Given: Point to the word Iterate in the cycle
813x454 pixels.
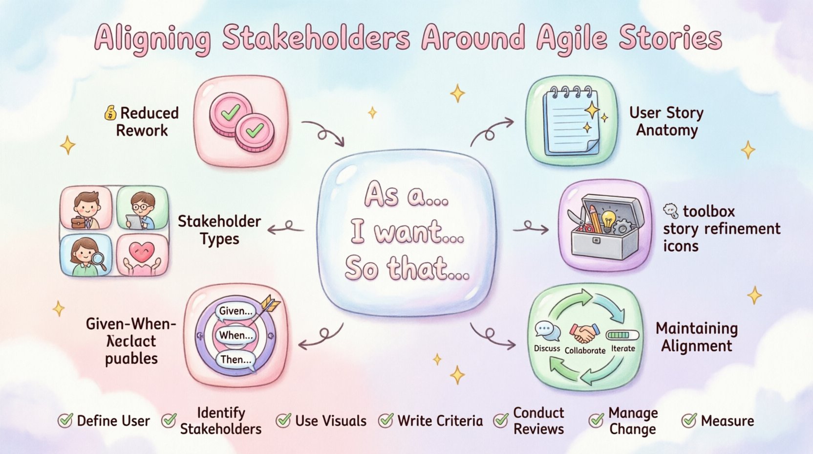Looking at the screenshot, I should click(x=623, y=348).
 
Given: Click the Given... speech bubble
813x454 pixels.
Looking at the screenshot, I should click(x=236, y=311).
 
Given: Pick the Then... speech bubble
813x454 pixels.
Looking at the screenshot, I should click(x=236, y=360).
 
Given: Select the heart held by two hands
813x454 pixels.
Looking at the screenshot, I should click(x=142, y=255).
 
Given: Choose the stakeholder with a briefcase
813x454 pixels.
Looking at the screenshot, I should click(x=86, y=209).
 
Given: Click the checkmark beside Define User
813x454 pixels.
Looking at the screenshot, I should click(x=65, y=421).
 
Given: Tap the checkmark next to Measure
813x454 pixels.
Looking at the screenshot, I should click(x=689, y=421).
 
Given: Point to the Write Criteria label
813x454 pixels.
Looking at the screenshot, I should click(x=440, y=421).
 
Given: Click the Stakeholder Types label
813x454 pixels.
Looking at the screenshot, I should click(x=219, y=230).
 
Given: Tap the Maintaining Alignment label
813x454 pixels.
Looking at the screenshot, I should click(x=697, y=337).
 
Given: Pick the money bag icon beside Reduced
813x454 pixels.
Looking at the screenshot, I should click(x=110, y=113).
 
